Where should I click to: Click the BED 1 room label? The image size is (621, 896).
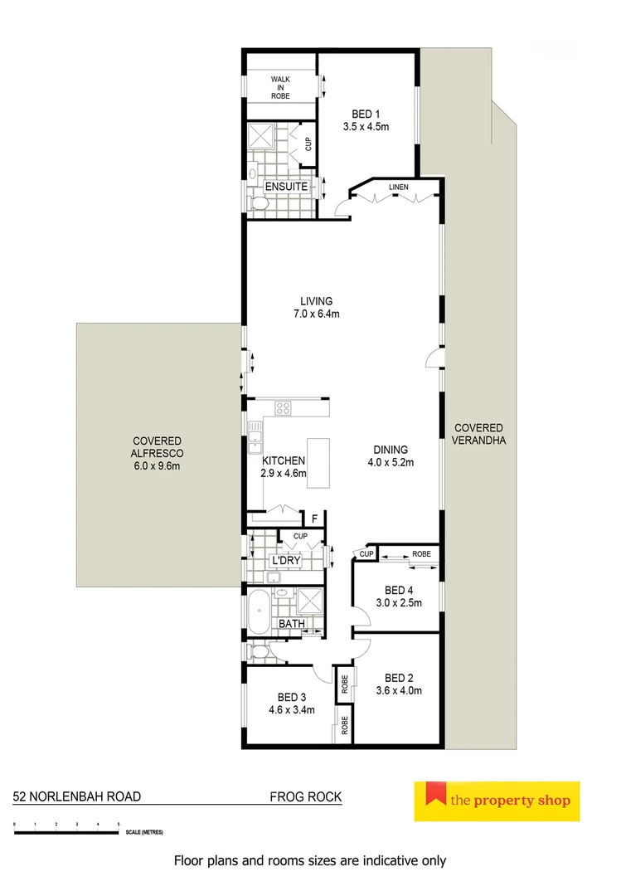[x=366, y=114]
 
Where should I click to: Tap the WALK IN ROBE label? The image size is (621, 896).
[x=280, y=87]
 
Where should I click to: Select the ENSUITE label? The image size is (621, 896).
[x=286, y=187]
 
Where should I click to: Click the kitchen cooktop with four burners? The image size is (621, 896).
[x=284, y=407]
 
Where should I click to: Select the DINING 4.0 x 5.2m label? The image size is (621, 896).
[x=390, y=456]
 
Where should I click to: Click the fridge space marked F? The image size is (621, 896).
[x=314, y=520]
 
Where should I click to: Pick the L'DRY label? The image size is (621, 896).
[x=285, y=562]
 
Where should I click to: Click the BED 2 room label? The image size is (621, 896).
[x=399, y=676]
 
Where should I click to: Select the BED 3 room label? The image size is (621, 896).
[x=291, y=696]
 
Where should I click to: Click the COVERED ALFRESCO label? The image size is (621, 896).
[x=156, y=453]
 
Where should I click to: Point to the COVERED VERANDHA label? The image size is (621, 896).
[x=478, y=433]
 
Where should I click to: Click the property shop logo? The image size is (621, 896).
[x=497, y=801]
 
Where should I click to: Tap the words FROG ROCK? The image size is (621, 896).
[x=305, y=796]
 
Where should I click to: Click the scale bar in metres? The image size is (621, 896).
[x=66, y=830]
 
